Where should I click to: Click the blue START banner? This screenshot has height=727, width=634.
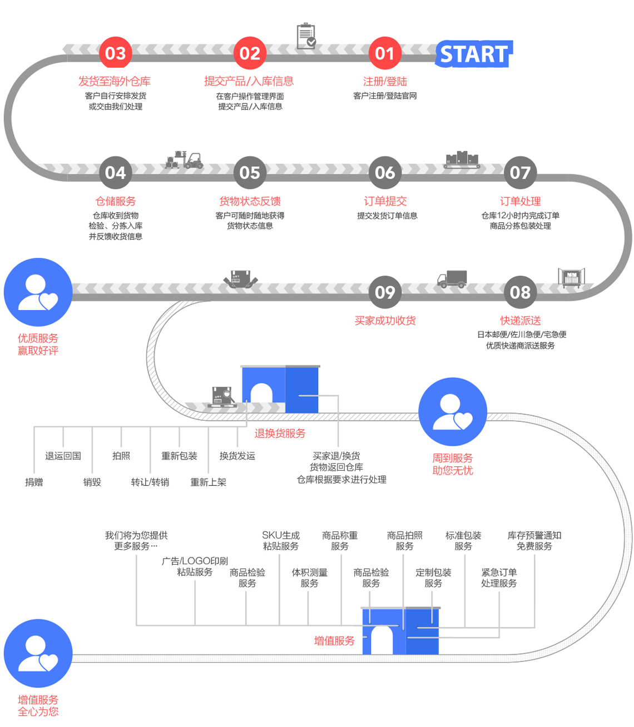point(474,54)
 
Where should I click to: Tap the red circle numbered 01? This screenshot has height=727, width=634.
point(385,53)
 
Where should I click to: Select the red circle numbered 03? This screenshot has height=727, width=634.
point(115,53)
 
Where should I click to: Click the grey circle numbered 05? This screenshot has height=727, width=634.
point(250,172)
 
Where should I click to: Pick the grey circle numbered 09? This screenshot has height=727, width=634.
point(385,292)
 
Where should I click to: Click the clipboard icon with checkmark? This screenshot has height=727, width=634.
point(306,36)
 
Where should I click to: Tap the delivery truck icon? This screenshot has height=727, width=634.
point(452,278)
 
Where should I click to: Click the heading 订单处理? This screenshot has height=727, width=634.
point(520,201)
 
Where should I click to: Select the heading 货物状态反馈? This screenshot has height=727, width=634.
point(250,201)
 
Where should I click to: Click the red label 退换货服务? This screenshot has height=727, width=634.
point(280,433)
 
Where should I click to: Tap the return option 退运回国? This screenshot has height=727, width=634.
point(63,456)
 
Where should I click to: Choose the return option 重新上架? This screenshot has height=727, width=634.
point(208,482)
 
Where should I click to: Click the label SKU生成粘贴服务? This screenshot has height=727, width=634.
point(280,540)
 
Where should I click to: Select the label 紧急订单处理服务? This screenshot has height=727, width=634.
point(498,577)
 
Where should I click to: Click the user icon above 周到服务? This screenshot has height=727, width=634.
point(452,411)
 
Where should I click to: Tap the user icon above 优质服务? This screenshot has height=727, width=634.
point(38,292)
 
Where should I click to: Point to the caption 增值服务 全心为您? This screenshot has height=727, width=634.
point(38,705)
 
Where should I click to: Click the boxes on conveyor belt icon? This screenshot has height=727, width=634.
point(462,160)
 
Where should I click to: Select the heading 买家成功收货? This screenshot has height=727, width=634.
point(385,320)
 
